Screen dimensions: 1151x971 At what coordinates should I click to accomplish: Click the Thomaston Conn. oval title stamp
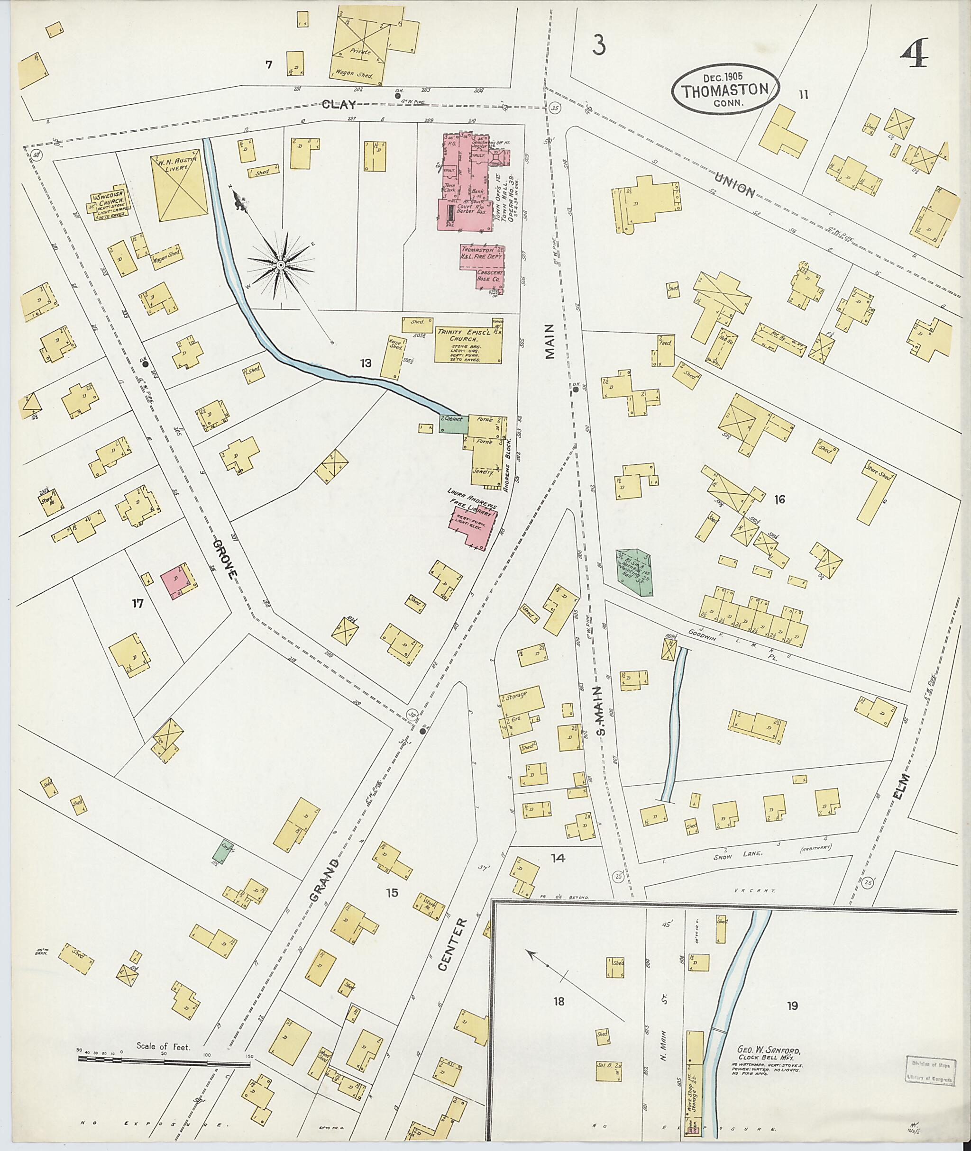coord(725,89)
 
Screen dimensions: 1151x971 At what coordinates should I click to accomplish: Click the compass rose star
coord(281,266)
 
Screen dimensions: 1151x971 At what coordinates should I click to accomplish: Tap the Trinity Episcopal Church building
coord(468,342)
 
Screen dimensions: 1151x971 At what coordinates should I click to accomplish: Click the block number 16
coord(779,499)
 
